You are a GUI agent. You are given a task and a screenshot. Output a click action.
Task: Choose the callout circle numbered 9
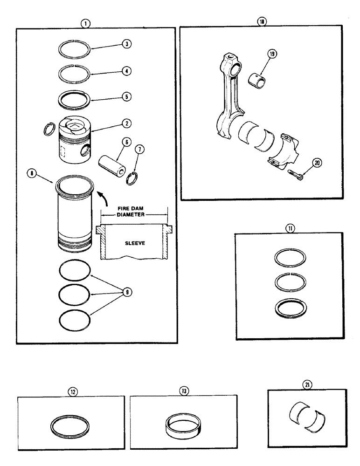[x=125, y=292]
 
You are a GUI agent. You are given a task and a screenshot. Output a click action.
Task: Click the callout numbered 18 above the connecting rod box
[x=261, y=22]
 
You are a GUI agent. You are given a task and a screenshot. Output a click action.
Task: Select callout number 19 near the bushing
[x=272, y=54]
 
